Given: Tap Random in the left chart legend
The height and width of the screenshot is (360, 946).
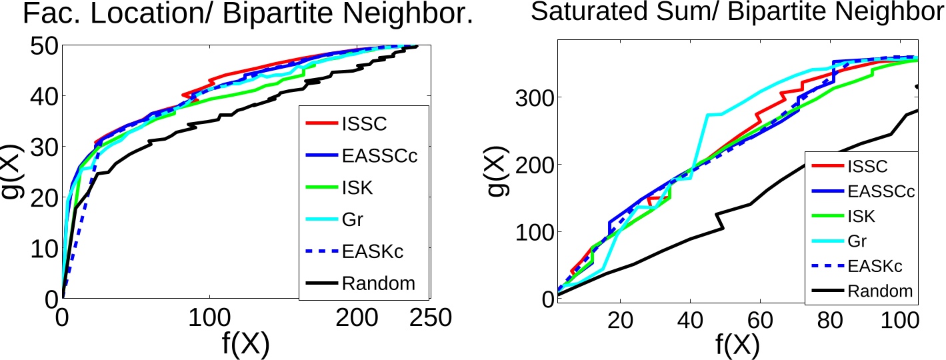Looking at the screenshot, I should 378,283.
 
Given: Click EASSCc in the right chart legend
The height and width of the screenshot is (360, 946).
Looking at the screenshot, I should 880,191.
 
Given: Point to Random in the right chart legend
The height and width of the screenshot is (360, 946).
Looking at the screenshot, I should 880,291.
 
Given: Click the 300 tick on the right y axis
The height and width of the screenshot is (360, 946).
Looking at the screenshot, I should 531,98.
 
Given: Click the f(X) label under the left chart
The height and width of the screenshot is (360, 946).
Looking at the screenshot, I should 246,344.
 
